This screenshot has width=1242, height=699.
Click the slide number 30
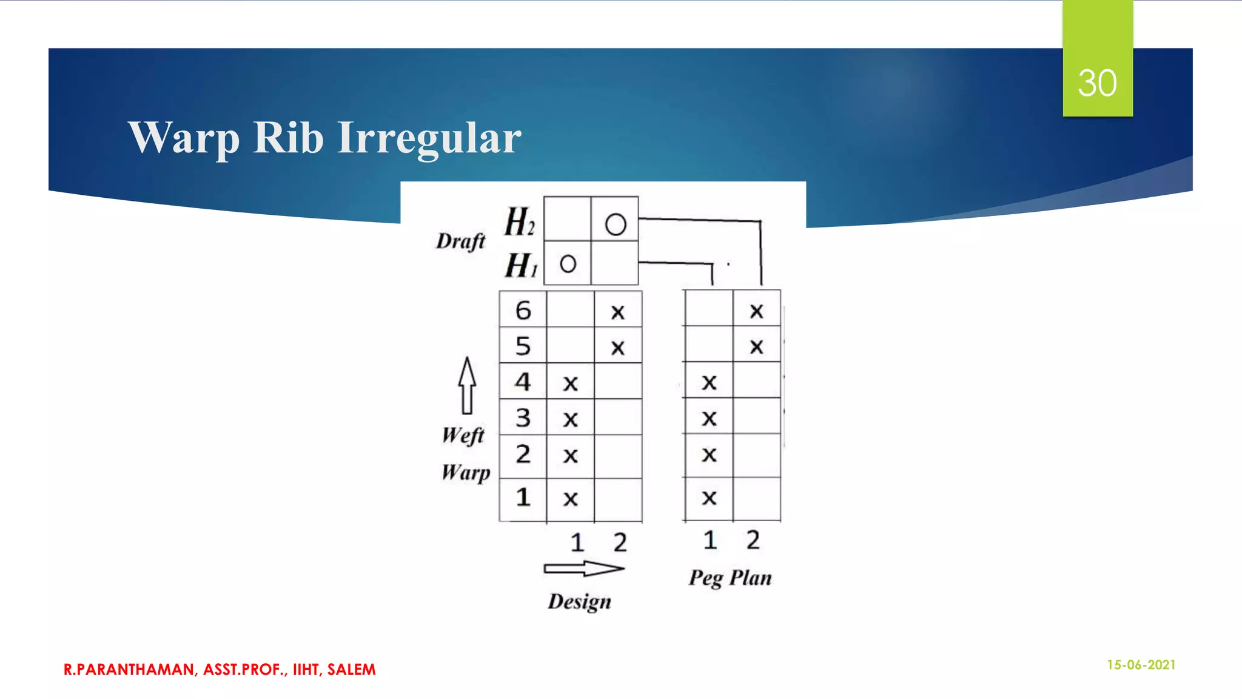tap(1097, 83)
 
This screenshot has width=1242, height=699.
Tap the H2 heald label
tap(520, 221)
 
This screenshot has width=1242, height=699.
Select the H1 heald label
tap(521, 265)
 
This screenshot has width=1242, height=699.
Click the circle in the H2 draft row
tap(615, 225)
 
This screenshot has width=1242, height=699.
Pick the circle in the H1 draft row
tap(568, 264)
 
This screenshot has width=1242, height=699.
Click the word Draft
tap(461, 241)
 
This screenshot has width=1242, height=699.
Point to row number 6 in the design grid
tap(523, 311)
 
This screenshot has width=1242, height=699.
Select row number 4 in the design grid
tap(523, 382)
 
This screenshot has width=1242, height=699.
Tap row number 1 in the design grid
tap(523, 498)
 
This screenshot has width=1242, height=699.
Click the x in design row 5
tap(617, 348)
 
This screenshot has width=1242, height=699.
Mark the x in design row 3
tap(570, 419)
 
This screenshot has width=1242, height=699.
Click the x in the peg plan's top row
tap(756, 311)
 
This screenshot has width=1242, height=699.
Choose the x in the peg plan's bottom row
tap(709, 498)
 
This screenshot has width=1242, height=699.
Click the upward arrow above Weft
tap(467, 385)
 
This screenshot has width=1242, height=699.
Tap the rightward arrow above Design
tap(583, 569)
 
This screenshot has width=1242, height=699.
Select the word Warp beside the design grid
tap(466, 472)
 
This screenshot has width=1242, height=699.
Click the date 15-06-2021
tap(1141, 665)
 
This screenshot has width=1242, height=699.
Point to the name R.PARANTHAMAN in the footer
tap(129, 669)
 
